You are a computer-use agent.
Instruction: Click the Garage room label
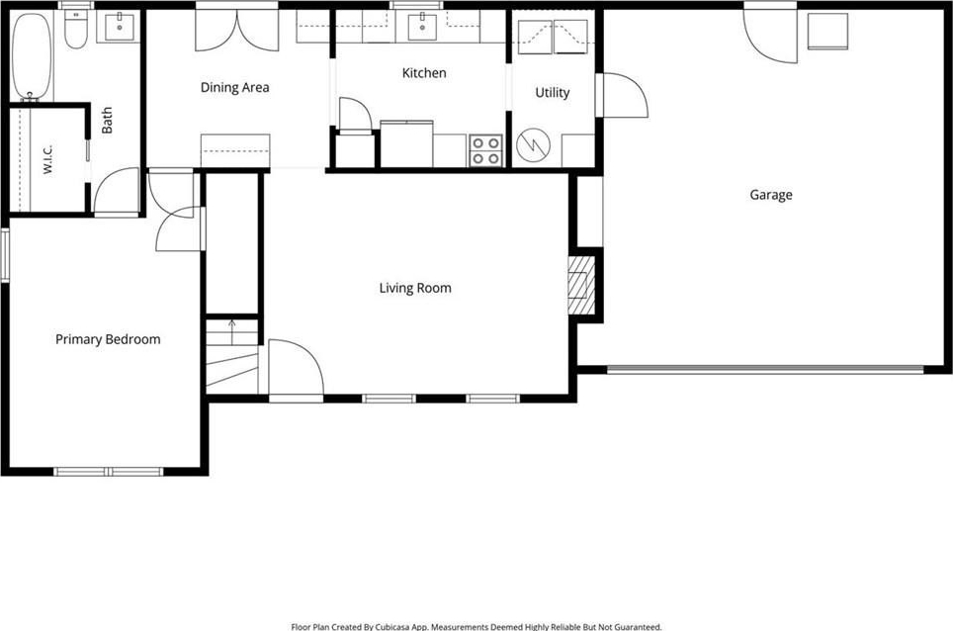pyautogui.click(x=771, y=195)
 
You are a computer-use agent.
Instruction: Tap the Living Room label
pyautogui.click(x=415, y=288)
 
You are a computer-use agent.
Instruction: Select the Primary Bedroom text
pyautogui.click(x=108, y=339)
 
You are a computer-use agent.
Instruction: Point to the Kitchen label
pyautogui.click(x=424, y=73)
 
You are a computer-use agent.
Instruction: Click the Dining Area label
pyautogui.click(x=234, y=88)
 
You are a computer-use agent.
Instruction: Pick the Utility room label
pyautogui.click(x=553, y=92)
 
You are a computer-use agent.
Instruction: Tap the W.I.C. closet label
pyautogui.click(x=48, y=159)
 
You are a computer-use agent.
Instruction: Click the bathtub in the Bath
pyautogui.click(x=33, y=56)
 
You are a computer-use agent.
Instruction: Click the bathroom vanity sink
pyautogui.click(x=120, y=27)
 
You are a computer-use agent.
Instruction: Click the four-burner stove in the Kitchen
pyautogui.click(x=485, y=150)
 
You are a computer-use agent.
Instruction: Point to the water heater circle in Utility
pyautogui.click(x=533, y=145)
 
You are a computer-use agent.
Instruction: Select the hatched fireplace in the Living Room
pyautogui.click(x=581, y=285)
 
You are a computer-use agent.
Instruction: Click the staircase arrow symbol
pyautogui.click(x=231, y=324)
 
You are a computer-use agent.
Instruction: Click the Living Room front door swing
pyautogui.click(x=296, y=367)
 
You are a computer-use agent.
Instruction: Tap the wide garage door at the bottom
pyautogui.click(x=765, y=369)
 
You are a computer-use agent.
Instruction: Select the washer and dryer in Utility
pyautogui.click(x=553, y=37)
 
